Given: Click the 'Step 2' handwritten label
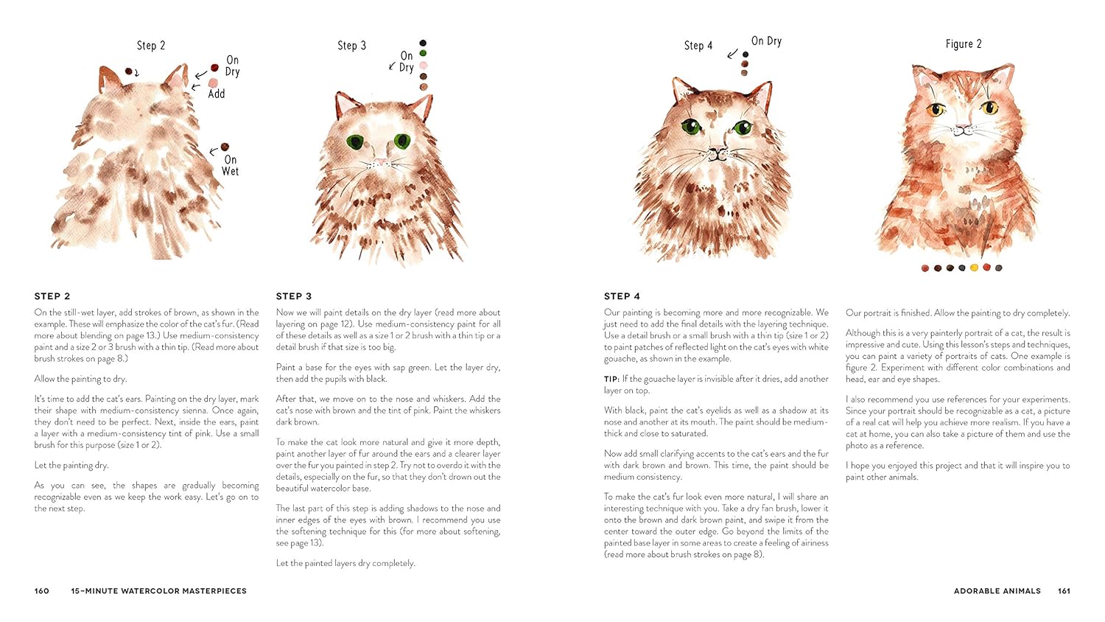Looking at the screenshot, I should (151, 46).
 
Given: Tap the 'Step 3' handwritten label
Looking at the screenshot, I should (351, 46).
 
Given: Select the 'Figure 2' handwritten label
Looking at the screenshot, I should (963, 44).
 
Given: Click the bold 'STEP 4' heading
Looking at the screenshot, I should (622, 296).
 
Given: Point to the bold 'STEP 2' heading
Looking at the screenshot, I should (52, 296).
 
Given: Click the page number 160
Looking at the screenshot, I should (42, 591).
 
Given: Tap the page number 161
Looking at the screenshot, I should (1064, 591).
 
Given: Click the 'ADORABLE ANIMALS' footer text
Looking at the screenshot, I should (997, 591).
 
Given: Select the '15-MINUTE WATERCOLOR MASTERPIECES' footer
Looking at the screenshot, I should (158, 591).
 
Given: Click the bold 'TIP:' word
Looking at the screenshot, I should (611, 379).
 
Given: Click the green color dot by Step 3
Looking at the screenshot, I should (423, 53).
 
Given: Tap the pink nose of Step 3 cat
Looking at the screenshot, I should (380, 160).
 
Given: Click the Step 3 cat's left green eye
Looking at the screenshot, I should (355, 141).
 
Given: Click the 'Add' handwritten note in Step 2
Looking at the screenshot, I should (216, 94).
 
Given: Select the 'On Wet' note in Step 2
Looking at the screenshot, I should (230, 165).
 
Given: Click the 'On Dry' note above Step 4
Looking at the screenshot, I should (766, 41).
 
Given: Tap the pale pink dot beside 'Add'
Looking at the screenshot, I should (213, 83).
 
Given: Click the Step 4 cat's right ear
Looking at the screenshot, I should (761, 95).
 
